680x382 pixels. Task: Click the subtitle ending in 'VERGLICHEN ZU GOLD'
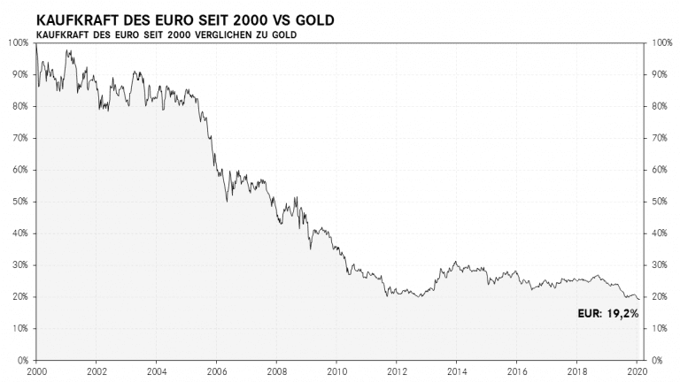point(166,34)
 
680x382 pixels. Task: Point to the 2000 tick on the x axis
point(35,372)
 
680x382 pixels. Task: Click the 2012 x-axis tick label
point(396,372)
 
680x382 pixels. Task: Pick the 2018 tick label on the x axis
point(576,372)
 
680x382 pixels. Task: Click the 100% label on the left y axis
point(19,42)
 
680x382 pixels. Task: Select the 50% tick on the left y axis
point(20,202)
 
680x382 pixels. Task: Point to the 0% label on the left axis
point(23,361)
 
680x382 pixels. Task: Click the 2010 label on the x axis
point(336,372)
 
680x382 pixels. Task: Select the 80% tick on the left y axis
point(20,106)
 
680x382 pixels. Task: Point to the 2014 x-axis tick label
point(456,372)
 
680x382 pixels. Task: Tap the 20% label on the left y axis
point(20,297)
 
